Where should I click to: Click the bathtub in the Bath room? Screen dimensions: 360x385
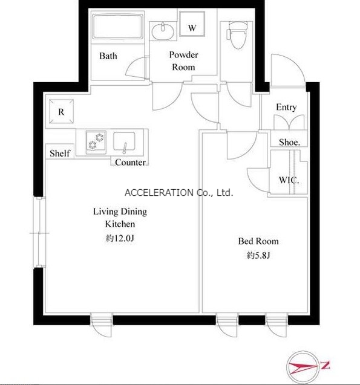pos(118,27)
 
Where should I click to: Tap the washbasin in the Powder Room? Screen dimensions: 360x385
pos(163,31)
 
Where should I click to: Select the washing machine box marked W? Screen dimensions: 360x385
pos(192,24)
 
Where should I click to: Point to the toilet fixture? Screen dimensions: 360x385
pos(237,35)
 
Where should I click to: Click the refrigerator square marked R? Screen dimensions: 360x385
pos(62,111)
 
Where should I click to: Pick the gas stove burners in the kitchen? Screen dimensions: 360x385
pos(96,142)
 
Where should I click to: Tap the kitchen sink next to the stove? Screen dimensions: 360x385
pos(124,141)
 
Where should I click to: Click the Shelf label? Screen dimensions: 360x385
pos(60,154)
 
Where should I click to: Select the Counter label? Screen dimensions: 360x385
pos(130,162)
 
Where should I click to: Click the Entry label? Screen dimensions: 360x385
pos(286,107)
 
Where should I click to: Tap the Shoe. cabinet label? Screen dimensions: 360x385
pos(289,142)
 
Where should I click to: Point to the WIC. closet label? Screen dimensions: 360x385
pos(289,180)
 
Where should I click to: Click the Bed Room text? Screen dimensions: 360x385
pos(258,241)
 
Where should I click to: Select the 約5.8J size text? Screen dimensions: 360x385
pos(258,256)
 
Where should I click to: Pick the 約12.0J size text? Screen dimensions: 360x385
pos(120,238)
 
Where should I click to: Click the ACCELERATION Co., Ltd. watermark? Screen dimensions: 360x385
pos(179,193)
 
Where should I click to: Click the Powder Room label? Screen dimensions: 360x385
pos(183,61)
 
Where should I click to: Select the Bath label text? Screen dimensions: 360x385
pos(108,56)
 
